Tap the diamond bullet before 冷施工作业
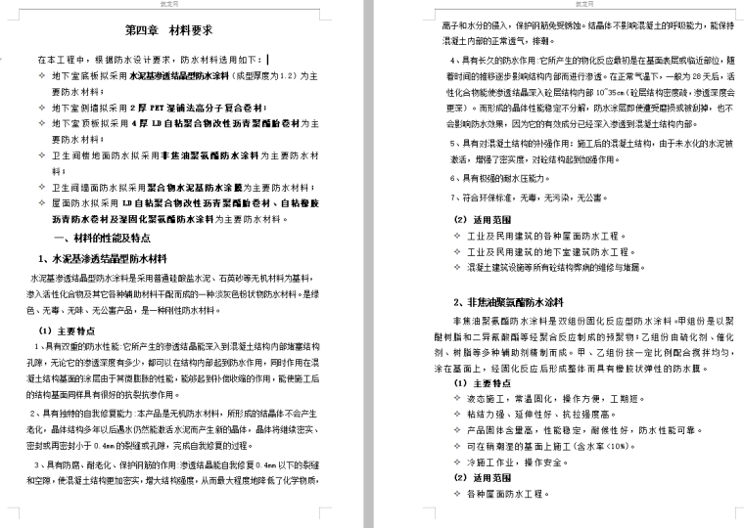tap(458, 462)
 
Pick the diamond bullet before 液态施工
tap(458, 399)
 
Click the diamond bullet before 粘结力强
tap(458, 415)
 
